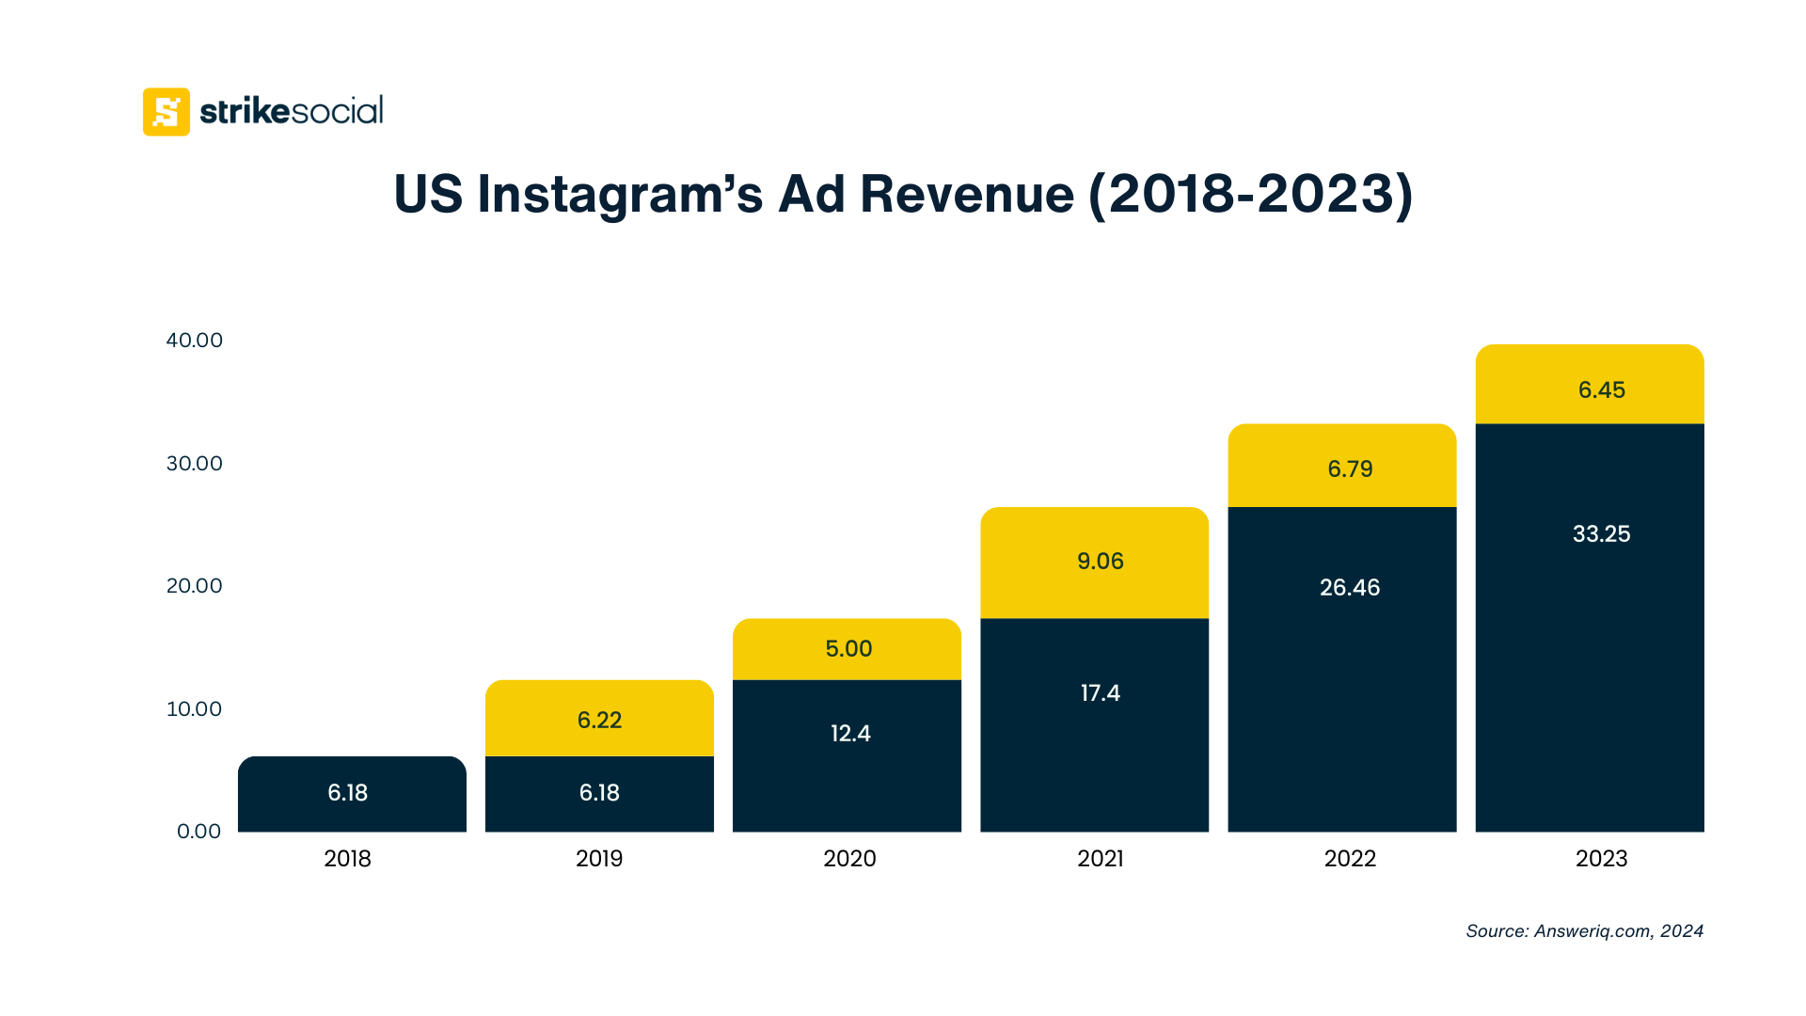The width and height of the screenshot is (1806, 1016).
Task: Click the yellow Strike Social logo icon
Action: (166, 112)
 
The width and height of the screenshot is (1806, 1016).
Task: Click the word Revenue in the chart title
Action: (966, 195)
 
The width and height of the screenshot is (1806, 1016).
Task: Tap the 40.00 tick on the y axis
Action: (195, 341)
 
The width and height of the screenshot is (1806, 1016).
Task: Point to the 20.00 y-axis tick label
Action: (195, 586)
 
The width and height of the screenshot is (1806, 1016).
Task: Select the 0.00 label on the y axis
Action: (198, 832)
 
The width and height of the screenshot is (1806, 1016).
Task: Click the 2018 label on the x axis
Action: (347, 859)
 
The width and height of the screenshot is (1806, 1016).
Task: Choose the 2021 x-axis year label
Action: (1100, 859)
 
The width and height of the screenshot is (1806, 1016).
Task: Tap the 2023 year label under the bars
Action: (1601, 859)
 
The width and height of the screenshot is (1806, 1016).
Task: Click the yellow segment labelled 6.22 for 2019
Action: (599, 720)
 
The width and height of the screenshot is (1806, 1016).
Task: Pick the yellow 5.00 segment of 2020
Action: (848, 649)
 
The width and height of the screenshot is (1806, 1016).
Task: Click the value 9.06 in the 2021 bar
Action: (1100, 562)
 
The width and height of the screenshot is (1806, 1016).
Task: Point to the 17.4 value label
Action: (1100, 693)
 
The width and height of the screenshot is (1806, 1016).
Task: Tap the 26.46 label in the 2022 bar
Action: (1349, 588)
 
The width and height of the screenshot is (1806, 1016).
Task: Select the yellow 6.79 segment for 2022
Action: (1349, 468)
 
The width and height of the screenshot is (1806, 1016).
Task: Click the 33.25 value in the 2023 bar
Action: (1601, 534)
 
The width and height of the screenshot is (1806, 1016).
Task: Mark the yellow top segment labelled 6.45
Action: (1601, 389)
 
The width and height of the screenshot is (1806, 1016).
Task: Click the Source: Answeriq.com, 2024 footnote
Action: (1584, 931)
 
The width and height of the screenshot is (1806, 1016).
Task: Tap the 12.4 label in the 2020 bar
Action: (850, 734)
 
